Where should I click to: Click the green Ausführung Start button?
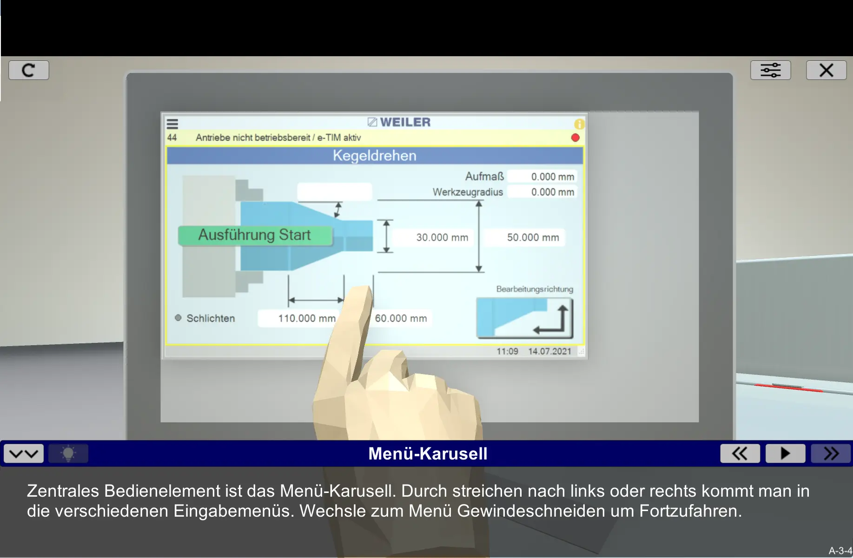(255, 235)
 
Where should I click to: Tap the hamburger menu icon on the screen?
(172, 124)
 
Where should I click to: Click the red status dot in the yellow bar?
(575, 138)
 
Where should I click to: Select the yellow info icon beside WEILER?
(579, 124)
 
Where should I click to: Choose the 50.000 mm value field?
(524, 237)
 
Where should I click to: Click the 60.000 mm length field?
(402, 318)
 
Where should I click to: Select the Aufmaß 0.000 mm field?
(542, 177)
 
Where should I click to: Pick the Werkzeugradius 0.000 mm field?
(542, 192)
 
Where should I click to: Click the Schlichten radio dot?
(178, 318)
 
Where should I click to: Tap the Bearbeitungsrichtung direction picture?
(524, 318)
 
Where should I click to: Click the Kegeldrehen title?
(375, 156)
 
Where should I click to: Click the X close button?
(826, 70)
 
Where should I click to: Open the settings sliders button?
(770, 70)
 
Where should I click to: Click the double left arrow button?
(740, 453)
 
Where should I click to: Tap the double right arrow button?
(831, 453)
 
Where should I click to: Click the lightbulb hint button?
(68, 453)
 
